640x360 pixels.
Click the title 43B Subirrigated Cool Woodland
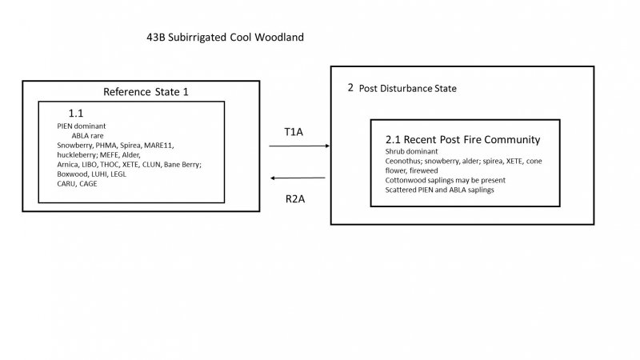click(225, 38)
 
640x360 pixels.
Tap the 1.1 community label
click(76, 114)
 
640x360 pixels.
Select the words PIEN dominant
click(81, 126)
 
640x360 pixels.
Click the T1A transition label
click(294, 131)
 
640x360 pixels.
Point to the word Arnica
click(68, 165)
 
